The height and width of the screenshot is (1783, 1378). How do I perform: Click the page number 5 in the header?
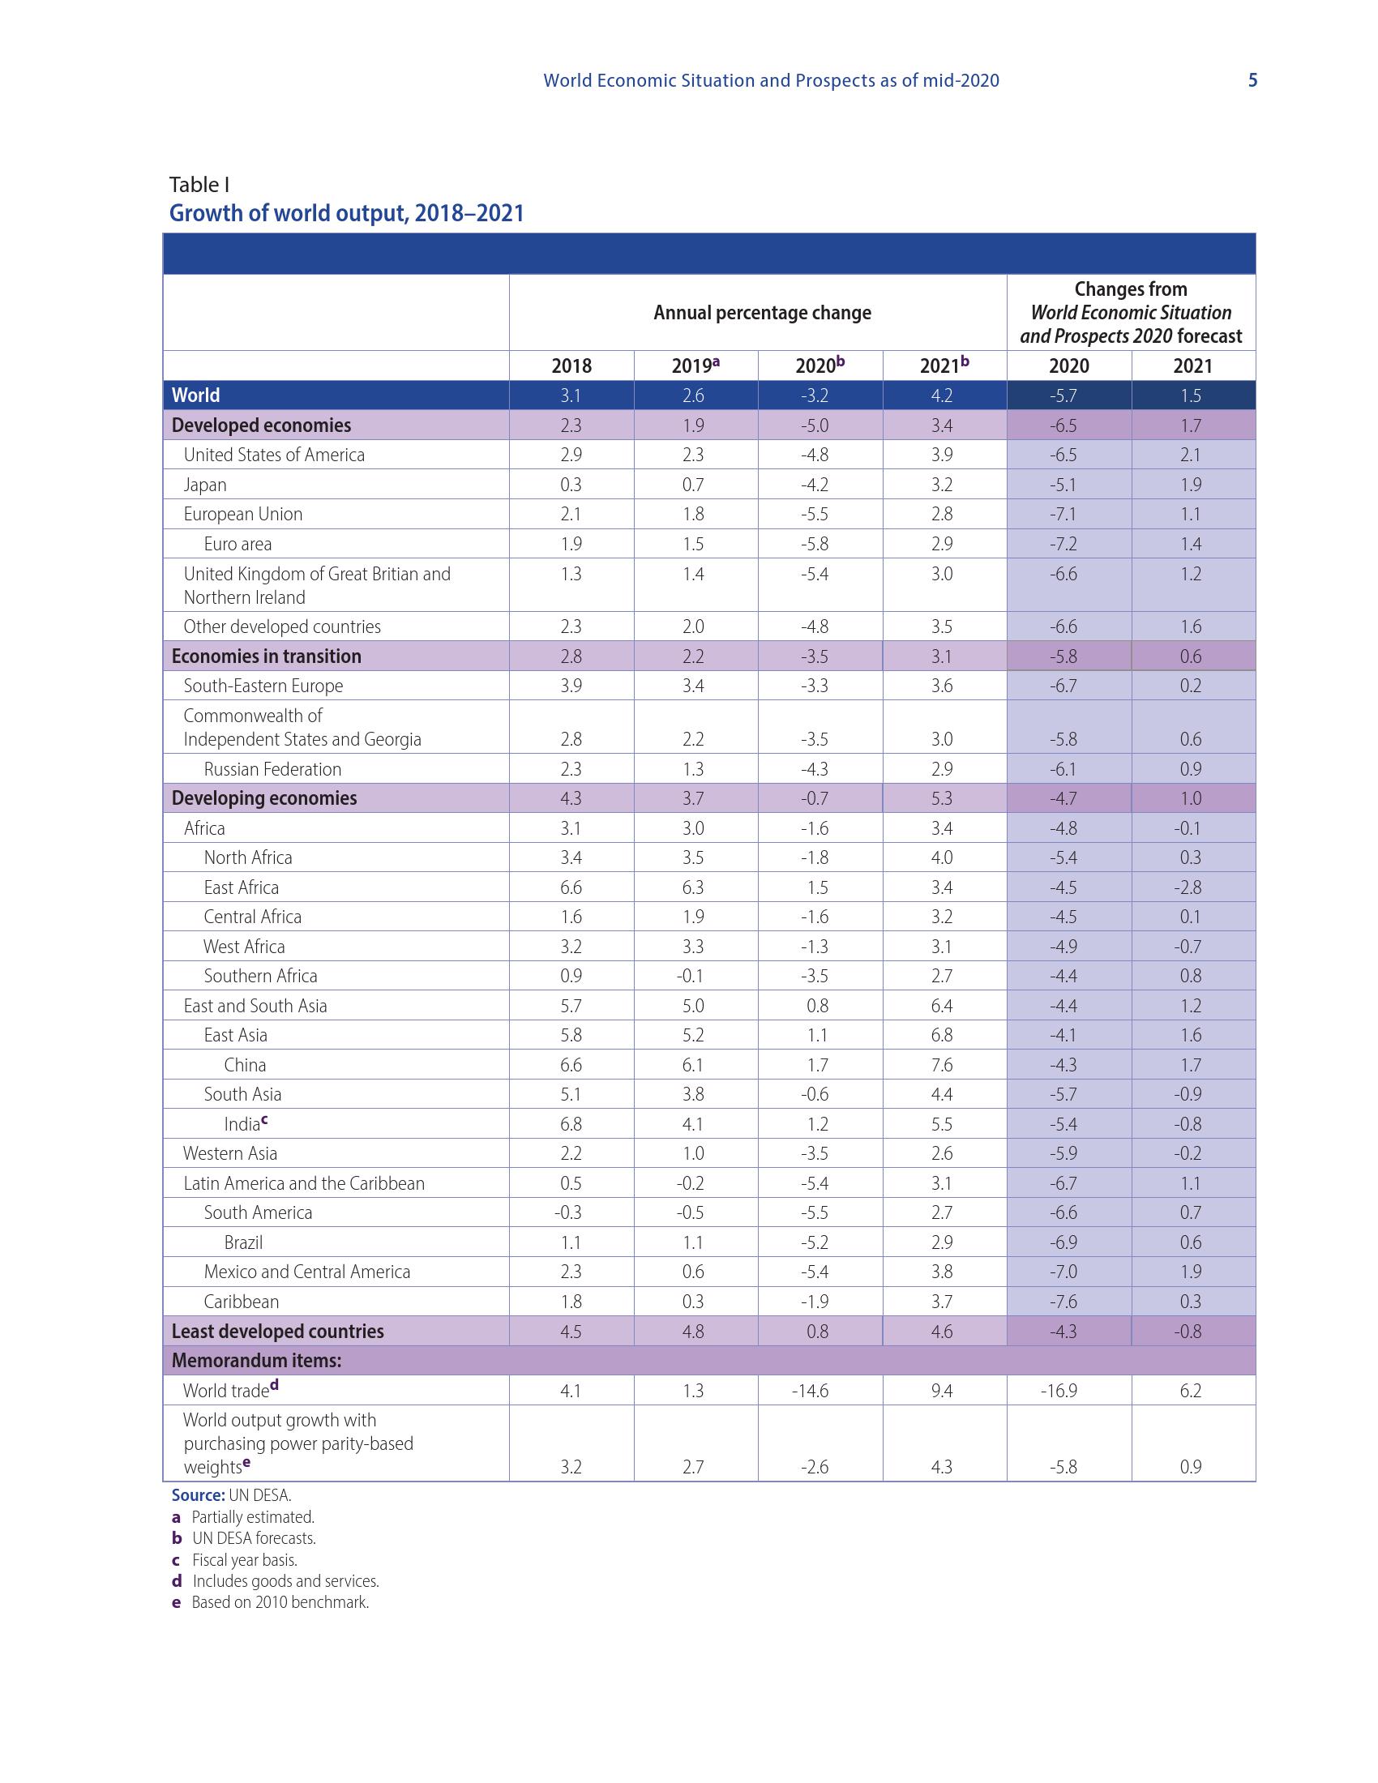click(x=1252, y=80)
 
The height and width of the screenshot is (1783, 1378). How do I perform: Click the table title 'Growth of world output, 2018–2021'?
click(x=346, y=213)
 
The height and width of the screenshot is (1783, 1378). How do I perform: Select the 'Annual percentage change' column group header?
click(x=762, y=313)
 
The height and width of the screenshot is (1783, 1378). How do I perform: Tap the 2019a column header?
click(x=695, y=366)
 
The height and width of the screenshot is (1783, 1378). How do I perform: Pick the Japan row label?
click(x=205, y=485)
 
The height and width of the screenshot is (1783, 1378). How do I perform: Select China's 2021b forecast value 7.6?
click(x=941, y=1065)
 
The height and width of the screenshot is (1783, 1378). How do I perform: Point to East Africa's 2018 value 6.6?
click(x=571, y=887)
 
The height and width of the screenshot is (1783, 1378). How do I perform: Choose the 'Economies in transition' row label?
click(x=266, y=656)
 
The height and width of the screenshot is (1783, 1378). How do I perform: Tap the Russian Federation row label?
click(x=272, y=769)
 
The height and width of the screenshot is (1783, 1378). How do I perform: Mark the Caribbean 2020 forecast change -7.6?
click(x=1063, y=1302)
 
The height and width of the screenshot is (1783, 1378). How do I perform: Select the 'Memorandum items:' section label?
click(x=256, y=1360)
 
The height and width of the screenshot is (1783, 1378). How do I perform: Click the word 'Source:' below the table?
click(x=198, y=1494)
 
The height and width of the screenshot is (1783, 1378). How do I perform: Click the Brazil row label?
click(x=243, y=1242)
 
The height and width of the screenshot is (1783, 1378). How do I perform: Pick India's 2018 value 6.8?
click(x=571, y=1124)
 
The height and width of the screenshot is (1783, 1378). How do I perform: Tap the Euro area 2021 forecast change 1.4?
click(x=1190, y=544)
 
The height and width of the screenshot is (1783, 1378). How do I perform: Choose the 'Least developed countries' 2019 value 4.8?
click(x=693, y=1332)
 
